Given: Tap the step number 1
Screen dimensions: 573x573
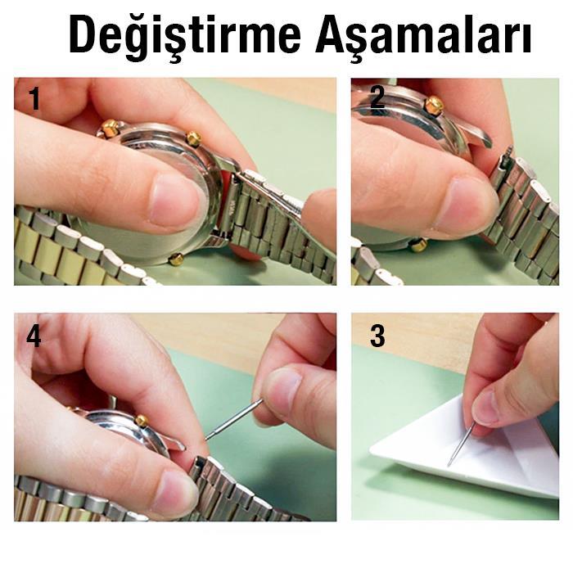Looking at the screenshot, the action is click(x=34, y=98).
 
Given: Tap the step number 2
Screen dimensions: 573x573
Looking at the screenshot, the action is click(x=377, y=97).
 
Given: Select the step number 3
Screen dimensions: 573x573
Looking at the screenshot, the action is click(x=377, y=336).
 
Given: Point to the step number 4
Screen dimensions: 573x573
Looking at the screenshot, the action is click(x=34, y=336).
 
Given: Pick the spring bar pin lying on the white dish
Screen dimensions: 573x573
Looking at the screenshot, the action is click(x=461, y=444).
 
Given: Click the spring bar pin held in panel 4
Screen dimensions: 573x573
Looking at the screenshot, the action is click(x=234, y=419).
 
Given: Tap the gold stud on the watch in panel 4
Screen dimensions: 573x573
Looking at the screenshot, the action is click(x=142, y=421).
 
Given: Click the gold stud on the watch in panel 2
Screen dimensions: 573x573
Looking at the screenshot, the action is click(x=434, y=106).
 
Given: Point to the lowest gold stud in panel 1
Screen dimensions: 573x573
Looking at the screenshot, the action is click(x=176, y=259).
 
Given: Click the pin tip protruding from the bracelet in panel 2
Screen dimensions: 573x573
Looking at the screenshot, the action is click(x=508, y=151).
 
